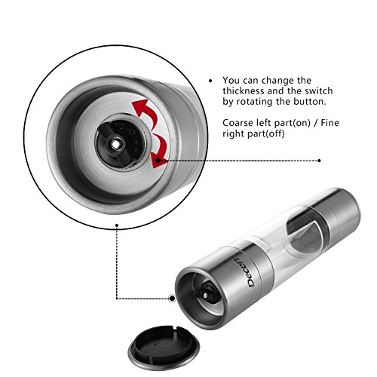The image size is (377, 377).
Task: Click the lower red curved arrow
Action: pyautogui.click(x=161, y=152)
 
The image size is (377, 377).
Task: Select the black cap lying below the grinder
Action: pyautogui.click(x=164, y=348)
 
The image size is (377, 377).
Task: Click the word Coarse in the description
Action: pyautogui.click(x=238, y=123)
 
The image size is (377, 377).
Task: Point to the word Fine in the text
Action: pyautogui.click(x=330, y=123)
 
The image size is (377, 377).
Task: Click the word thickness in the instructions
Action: pyautogui.click(x=243, y=90)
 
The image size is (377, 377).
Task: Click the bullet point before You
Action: pyautogui.click(x=210, y=81)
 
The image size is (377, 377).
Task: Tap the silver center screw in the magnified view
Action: pyautogui.click(x=115, y=144)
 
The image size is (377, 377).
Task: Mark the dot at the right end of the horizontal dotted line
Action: pyautogui.click(x=319, y=161)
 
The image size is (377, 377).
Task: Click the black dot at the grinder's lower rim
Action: pyautogui.click(x=173, y=299)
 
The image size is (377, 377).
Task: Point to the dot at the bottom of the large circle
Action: pyautogui.click(x=117, y=225)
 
